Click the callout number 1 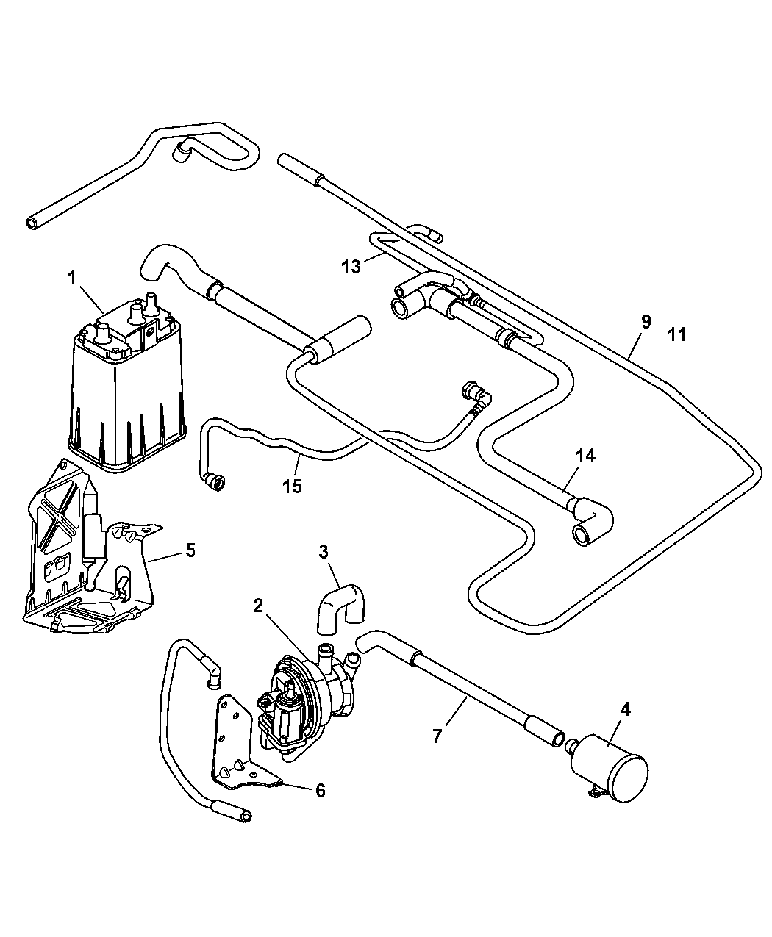point(72,278)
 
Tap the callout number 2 point(257,606)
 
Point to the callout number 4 point(625,710)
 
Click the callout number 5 point(190,550)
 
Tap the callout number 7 point(437,736)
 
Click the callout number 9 point(646,321)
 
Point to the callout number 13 point(351,266)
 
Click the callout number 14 point(585,456)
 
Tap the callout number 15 point(292,487)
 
